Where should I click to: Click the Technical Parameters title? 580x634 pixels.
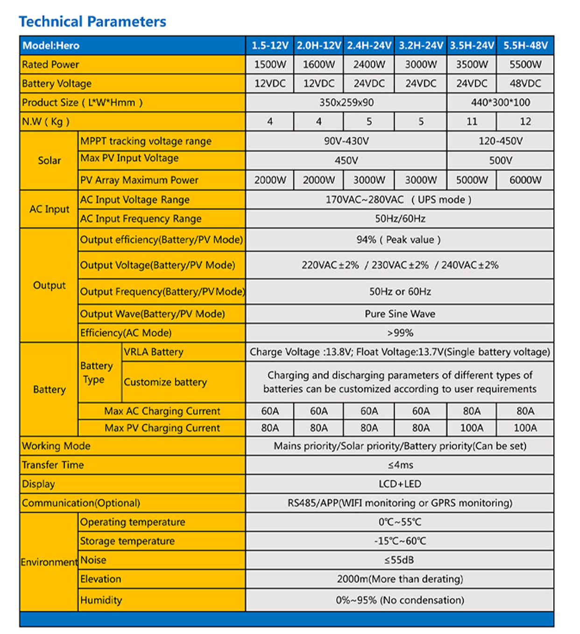point(92,21)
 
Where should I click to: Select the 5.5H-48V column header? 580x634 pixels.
point(525,45)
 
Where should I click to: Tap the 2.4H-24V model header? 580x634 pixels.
point(368,45)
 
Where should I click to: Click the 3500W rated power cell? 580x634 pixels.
point(472,64)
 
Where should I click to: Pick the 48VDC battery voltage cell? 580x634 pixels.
point(525,84)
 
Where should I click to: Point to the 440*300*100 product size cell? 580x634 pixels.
point(500,102)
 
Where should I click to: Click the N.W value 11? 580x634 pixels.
point(472,121)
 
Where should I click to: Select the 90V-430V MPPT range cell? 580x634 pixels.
point(346,141)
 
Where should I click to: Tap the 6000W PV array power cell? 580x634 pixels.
point(525,180)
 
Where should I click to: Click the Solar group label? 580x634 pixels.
point(49,160)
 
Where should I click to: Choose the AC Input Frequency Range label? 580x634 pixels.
point(141,218)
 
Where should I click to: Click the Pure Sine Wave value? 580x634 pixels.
point(400,314)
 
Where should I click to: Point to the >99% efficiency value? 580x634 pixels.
point(400,333)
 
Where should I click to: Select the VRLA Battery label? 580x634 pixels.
point(153,352)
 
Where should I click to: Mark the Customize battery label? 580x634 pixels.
point(165,382)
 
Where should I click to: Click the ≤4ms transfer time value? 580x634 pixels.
point(400,465)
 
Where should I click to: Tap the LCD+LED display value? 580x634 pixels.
point(400,484)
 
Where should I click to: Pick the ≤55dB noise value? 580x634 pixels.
point(400,560)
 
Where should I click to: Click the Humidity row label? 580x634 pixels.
point(101,600)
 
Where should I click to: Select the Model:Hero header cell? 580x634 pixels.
point(51,45)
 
